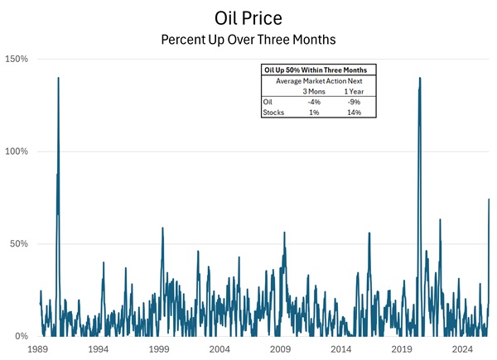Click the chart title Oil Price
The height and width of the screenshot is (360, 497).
point(249,17)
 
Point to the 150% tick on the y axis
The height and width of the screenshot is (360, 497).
point(17,60)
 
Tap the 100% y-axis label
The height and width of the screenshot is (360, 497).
point(17,151)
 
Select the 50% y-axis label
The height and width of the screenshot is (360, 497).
point(20,244)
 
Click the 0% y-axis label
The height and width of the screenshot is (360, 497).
point(22,337)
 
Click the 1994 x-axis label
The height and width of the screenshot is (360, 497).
point(99,350)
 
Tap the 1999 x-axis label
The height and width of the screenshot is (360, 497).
point(159,350)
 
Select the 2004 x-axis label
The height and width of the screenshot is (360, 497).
point(220,350)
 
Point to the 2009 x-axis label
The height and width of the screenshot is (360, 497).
point(281,350)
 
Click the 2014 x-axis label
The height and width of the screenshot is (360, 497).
point(341,350)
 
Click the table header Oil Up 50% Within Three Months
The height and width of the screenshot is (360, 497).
point(313,70)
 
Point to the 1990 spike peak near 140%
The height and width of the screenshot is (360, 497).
point(58,78)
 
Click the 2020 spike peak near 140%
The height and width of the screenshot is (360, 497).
point(420,78)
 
